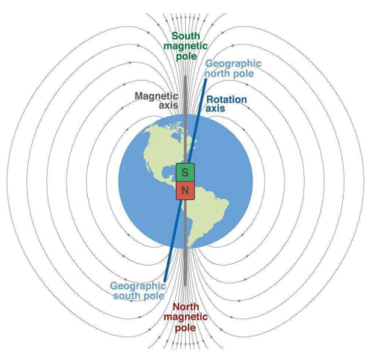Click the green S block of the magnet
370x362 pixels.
(185, 172)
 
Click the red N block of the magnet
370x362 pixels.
(185, 190)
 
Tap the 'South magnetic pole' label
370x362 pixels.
(186, 46)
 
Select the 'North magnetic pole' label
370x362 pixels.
(186, 317)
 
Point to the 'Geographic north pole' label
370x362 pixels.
(233, 68)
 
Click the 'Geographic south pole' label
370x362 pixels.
(138, 290)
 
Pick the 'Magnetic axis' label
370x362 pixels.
(156, 100)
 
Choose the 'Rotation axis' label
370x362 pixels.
(226, 104)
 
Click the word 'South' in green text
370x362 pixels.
(186, 35)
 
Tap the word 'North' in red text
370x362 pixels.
(186, 307)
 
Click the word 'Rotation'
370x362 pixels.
(227, 100)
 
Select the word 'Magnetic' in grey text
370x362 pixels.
(156, 96)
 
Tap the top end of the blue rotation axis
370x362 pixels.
(206, 80)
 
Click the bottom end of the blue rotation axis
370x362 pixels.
(165, 281)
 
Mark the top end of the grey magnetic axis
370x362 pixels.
(185, 77)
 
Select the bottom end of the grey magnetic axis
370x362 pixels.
(185, 285)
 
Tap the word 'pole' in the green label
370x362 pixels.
(187, 56)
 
